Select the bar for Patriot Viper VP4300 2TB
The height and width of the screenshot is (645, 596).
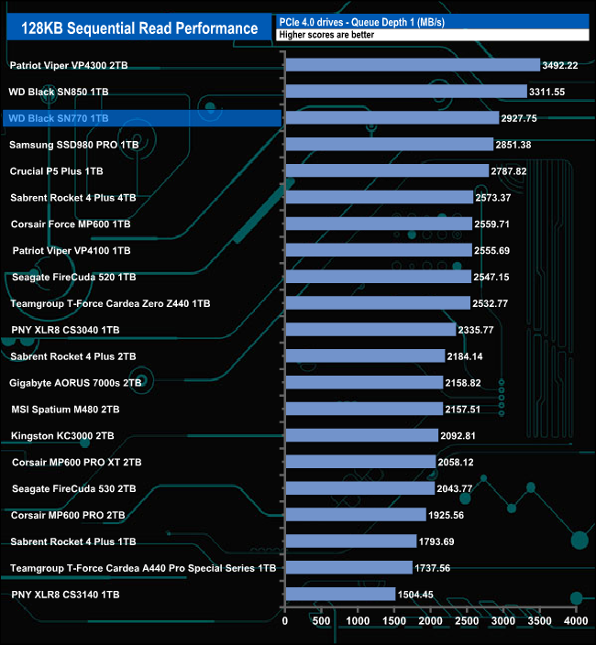[413, 65]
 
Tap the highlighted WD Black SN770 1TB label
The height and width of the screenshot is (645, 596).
[57, 118]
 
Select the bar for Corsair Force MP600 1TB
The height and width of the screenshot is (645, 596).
[378, 224]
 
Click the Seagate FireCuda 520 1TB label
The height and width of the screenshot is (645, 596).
[74, 277]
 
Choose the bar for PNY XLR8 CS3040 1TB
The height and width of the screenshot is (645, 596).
[370, 330]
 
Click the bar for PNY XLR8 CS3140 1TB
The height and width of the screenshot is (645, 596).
[340, 595]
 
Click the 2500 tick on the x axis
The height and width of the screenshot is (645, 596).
[468, 620]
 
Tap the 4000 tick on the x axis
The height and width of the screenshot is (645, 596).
[576, 620]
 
